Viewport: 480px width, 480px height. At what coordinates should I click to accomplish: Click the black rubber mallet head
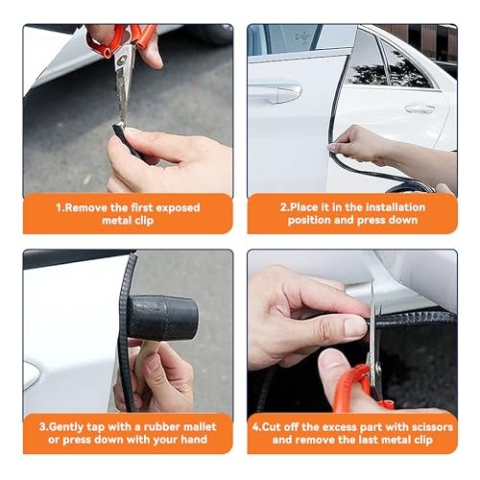[x=162, y=318]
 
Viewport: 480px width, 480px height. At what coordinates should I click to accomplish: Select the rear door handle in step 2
[x=420, y=108]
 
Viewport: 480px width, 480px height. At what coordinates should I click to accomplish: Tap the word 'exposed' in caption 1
[x=178, y=208]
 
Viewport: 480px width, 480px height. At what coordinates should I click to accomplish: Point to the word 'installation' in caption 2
[x=396, y=207]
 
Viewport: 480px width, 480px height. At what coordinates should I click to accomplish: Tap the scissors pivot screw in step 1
[x=122, y=60]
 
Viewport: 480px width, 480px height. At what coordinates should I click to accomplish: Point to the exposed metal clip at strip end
[x=120, y=125]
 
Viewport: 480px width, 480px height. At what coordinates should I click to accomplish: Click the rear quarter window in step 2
[x=403, y=66]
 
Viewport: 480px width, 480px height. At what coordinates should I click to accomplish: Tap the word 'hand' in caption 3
[x=194, y=440]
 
